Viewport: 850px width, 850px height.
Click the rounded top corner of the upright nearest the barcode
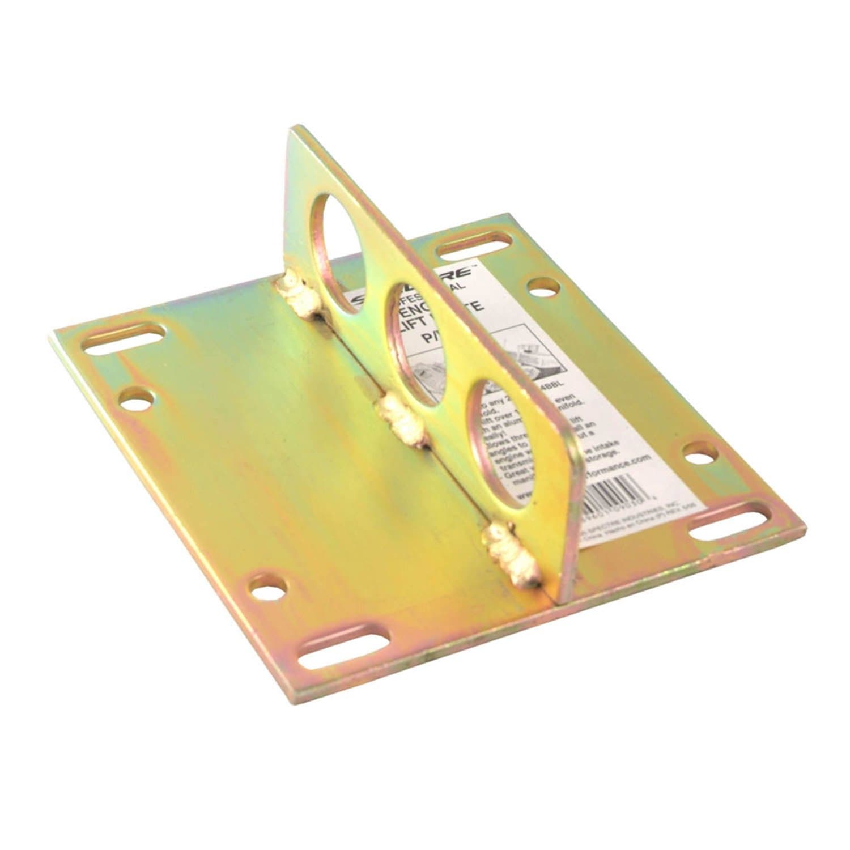click(569, 448)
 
